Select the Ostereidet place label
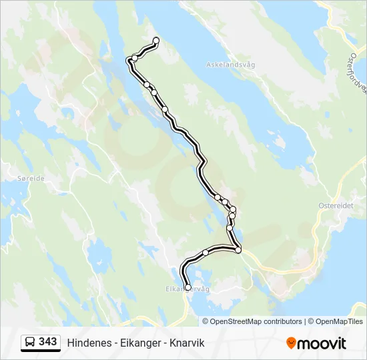pos(336,206)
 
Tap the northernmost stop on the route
pos(156,41)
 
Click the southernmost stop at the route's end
pos(188,287)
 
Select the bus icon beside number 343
pos(29,342)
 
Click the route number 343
pos(47,342)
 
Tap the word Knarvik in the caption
pos(186,343)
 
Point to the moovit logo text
pos(322,343)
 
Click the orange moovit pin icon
pos(291,343)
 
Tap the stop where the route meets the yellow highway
pos(238,250)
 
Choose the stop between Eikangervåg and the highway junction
pos(206,253)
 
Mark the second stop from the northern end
pos(135,58)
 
